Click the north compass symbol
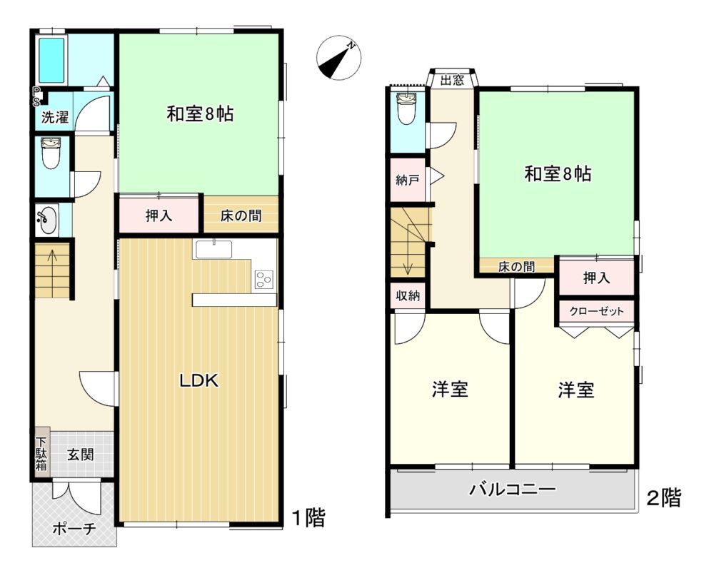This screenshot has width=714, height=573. tap(338, 58)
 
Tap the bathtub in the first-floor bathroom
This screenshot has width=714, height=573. tap(51, 60)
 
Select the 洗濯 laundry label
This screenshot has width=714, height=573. tap(55, 117)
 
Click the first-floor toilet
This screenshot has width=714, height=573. tap(50, 153)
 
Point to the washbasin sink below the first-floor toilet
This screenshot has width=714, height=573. tap(46, 220)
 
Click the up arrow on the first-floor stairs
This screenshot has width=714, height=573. tap(52, 261)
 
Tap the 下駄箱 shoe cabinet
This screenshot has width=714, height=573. tap(42, 453)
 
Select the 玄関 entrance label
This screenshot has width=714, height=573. tap(81, 455)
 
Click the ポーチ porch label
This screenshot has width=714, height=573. tap(74, 528)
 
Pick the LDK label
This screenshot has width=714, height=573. tap(199, 380)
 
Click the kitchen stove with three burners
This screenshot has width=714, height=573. tap(264, 280)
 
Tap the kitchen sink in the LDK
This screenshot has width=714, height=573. tap(213, 250)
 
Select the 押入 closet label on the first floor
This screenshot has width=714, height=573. tap(159, 215)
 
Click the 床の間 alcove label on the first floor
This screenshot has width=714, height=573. tap(241, 215)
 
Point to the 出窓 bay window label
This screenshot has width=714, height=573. tap(453, 81)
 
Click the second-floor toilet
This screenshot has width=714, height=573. tap(406, 108)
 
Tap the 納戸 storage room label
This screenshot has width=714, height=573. tap(408, 181)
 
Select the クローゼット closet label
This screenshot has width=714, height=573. tap(596, 311)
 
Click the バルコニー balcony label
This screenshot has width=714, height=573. tap(513, 490)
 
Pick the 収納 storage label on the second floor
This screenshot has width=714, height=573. tap(408, 296)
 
